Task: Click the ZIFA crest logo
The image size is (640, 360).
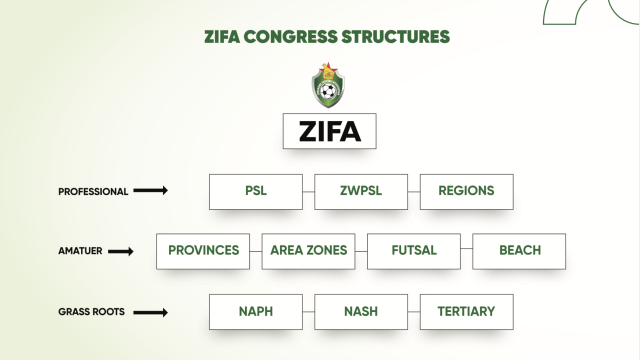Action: click(x=328, y=85)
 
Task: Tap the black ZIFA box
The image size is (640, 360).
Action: click(x=329, y=131)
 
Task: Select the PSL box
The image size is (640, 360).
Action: click(x=256, y=192)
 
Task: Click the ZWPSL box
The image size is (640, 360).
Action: click(x=361, y=192)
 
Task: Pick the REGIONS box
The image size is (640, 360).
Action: click(x=467, y=192)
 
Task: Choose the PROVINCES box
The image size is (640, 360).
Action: click(x=203, y=251)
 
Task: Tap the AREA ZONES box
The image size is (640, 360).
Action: click(x=309, y=251)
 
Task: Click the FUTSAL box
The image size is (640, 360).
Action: click(x=414, y=251)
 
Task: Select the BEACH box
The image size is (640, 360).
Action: click(x=519, y=251)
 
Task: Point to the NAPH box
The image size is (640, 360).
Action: click(x=256, y=312)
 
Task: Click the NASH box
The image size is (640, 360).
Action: click(x=361, y=312)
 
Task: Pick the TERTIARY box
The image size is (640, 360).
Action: click(x=467, y=312)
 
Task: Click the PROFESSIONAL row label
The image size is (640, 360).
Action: click(x=93, y=192)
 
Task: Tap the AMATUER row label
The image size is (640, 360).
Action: click(x=80, y=251)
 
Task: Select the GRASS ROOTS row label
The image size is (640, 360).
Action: click(x=91, y=312)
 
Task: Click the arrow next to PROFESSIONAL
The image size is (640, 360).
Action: click(x=151, y=190)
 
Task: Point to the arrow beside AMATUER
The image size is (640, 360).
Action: click(x=121, y=251)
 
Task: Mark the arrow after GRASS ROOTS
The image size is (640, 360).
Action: click(x=151, y=313)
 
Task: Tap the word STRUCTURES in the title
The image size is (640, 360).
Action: click(x=396, y=37)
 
